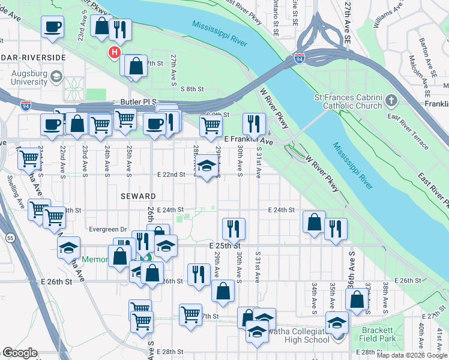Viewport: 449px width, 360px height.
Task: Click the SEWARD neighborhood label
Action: click(x=137, y=196)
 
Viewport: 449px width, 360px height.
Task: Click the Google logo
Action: click(x=20, y=353)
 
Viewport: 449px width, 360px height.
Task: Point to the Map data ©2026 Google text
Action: click(x=411, y=355)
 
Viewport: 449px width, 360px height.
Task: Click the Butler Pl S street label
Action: click(x=138, y=103)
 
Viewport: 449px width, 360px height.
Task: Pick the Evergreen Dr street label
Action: click(x=107, y=229)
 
